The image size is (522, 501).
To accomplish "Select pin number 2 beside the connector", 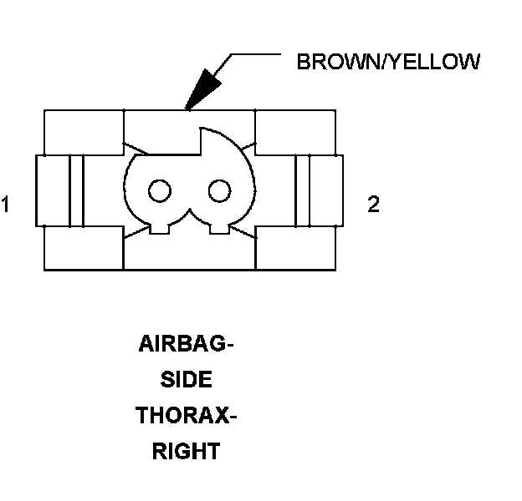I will (373, 205).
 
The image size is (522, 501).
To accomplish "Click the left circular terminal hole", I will (157, 191).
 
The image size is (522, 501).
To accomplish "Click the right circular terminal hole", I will (218, 191).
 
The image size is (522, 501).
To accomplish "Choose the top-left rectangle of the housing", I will (83, 131).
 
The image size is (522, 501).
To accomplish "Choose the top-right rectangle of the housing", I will (295, 131).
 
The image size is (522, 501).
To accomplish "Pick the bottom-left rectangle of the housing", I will (83, 247).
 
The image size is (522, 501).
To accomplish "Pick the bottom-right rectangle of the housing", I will (295, 247).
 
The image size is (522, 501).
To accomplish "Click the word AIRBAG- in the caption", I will (185, 345).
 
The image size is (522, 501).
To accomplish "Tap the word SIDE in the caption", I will (185, 381).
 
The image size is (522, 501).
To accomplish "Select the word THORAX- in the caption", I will (186, 416).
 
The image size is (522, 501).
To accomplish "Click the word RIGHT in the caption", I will (186, 452).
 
